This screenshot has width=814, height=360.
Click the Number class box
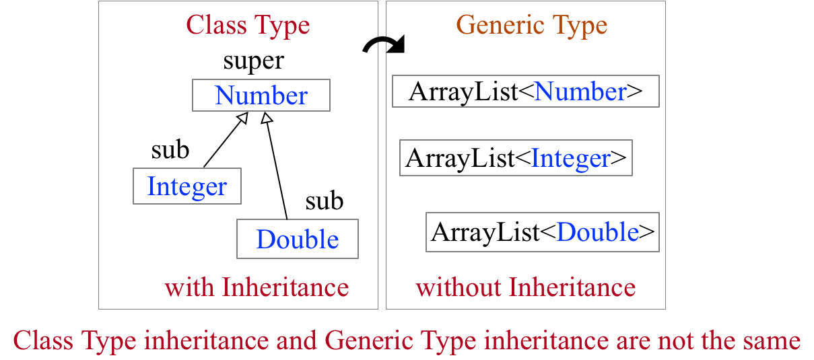point(261,96)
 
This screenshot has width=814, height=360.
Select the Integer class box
point(187,186)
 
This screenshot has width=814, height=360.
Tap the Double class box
point(297,239)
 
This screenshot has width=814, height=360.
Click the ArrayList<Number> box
point(525,92)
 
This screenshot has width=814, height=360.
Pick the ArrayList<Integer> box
point(516,158)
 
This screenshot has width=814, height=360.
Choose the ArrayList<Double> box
point(542,232)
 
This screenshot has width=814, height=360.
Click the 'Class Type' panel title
point(248,26)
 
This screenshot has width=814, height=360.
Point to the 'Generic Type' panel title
point(532,26)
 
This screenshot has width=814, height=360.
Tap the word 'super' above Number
point(253,61)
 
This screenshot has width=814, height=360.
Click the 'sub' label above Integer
point(170,150)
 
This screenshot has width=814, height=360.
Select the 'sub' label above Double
point(324,201)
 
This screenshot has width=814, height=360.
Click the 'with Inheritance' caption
point(257,288)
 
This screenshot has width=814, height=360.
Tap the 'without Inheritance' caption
point(525,288)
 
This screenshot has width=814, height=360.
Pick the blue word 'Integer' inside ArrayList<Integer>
point(570,158)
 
